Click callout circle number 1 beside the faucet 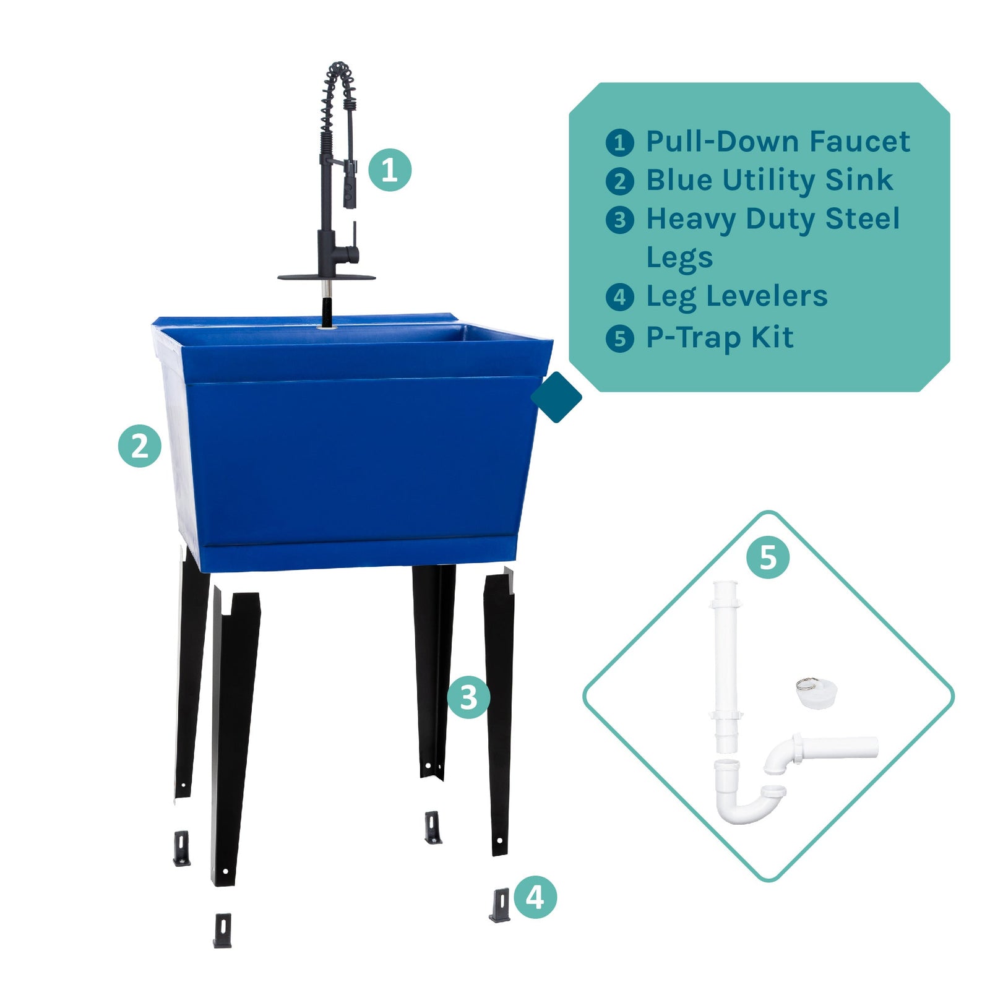[390, 170]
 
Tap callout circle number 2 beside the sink [140, 445]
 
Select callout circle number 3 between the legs [468, 697]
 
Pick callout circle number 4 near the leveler [535, 897]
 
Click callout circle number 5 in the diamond [767, 557]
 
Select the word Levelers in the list [767, 296]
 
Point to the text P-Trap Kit [719, 338]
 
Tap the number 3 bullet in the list [619, 220]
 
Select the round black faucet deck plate [327, 277]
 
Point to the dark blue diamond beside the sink [556, 397]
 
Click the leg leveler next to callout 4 [500, 905]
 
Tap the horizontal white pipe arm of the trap [838, 747]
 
